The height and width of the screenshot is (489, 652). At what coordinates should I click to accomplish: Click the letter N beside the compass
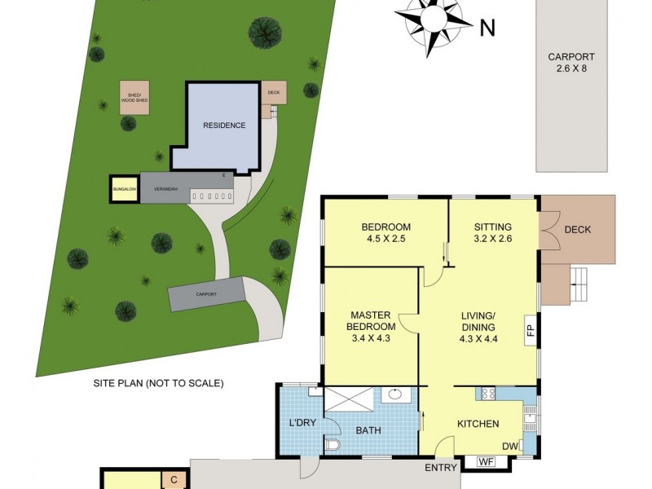tap(488, 29)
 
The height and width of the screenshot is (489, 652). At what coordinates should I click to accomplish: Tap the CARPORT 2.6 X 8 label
tap(570, 64)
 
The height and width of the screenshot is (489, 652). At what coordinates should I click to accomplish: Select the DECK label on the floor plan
tap(577, 230)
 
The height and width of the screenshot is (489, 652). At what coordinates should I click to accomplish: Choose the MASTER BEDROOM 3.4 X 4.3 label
tap(372, 326)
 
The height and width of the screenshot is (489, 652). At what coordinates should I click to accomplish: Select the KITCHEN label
tap(478, 425)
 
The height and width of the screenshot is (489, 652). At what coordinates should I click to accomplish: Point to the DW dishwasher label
tap(510, 446)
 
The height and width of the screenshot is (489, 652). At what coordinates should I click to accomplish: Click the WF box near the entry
tap(487, 462)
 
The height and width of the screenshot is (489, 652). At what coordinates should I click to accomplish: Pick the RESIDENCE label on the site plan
tap(223, 126)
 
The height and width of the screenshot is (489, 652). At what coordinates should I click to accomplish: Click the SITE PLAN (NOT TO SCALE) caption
tap(158, 383)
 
